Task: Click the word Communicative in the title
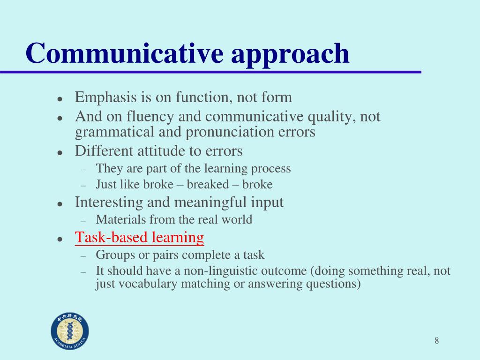tap(125, 53)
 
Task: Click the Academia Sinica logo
tap(70, 331)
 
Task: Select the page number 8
tap(436, 340)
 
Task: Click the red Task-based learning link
tap(139, 237)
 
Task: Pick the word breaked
tap(208, 184)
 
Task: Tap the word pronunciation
tap(230, 132)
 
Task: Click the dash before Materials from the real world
tap(83, 220)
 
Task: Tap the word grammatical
tap(114, 132)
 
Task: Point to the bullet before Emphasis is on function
tap(60, 99)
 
